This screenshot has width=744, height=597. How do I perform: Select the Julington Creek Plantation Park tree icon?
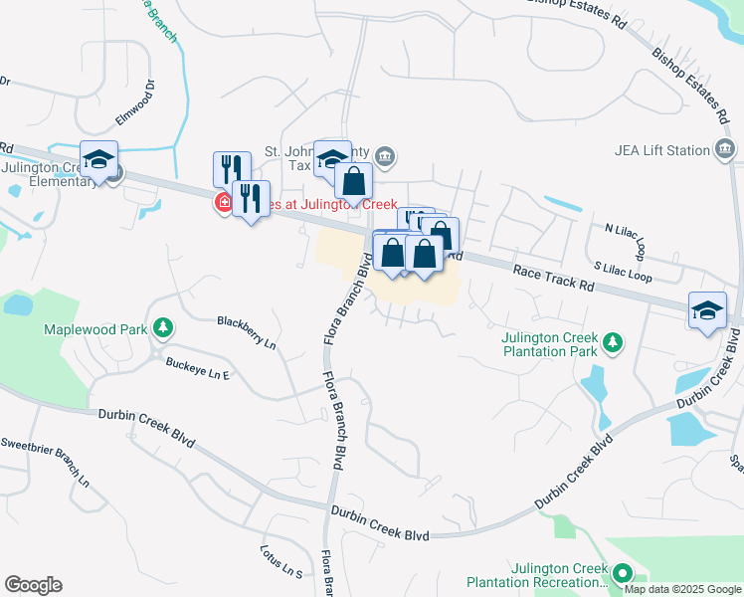click(614, 343)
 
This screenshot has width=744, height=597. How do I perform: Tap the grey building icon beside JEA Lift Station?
click(726, 150)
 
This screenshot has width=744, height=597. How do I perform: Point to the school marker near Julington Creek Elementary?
click(99, 160)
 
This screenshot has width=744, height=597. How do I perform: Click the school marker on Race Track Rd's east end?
click(707, 308)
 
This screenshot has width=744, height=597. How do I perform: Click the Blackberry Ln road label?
click(247, 332)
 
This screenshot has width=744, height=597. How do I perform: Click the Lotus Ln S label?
click(280, 560)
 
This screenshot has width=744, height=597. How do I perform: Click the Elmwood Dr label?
click(137, 103)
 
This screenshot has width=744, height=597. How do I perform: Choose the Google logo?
click(33, 585)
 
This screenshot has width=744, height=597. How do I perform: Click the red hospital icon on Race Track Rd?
click(225, 204)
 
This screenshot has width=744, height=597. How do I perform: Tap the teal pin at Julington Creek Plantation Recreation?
click(622, 573)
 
